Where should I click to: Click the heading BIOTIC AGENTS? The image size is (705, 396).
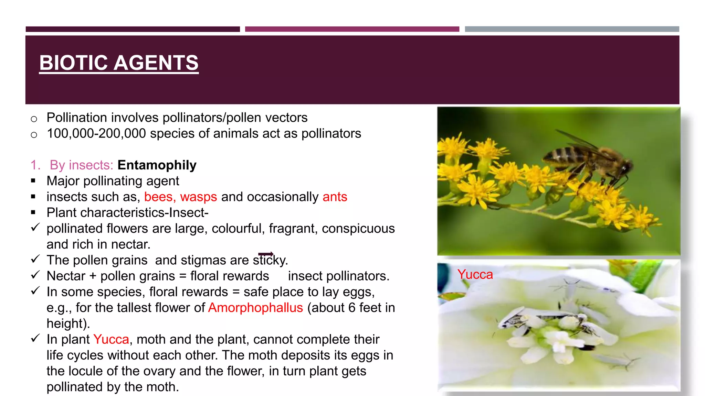[x=119, y=63]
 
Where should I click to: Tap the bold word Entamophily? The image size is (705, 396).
[x=157, y=165]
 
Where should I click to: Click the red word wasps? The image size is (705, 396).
[x=198, y=197]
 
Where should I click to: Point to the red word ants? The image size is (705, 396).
[x=335, y=197]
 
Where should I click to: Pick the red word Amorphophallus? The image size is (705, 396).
[x=255, y=308]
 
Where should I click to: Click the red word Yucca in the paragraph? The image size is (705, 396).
[x=111, y=339]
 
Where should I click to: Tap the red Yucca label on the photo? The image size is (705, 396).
[x=475, y=274]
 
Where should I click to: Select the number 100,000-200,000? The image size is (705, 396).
[x=96, y=134]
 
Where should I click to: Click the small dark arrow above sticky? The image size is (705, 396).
[x=266, y=254]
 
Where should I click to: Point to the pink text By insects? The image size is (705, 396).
[x=81, y=165]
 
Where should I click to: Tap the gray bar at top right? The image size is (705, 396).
[x=572, y=29]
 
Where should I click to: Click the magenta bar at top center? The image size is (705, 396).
[x=352, y=29]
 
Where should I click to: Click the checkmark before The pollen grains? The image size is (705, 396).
[x=35, y=259]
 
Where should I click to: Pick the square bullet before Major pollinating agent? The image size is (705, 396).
[x=33, y=181]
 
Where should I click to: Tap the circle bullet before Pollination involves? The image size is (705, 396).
[x=34, y=119]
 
